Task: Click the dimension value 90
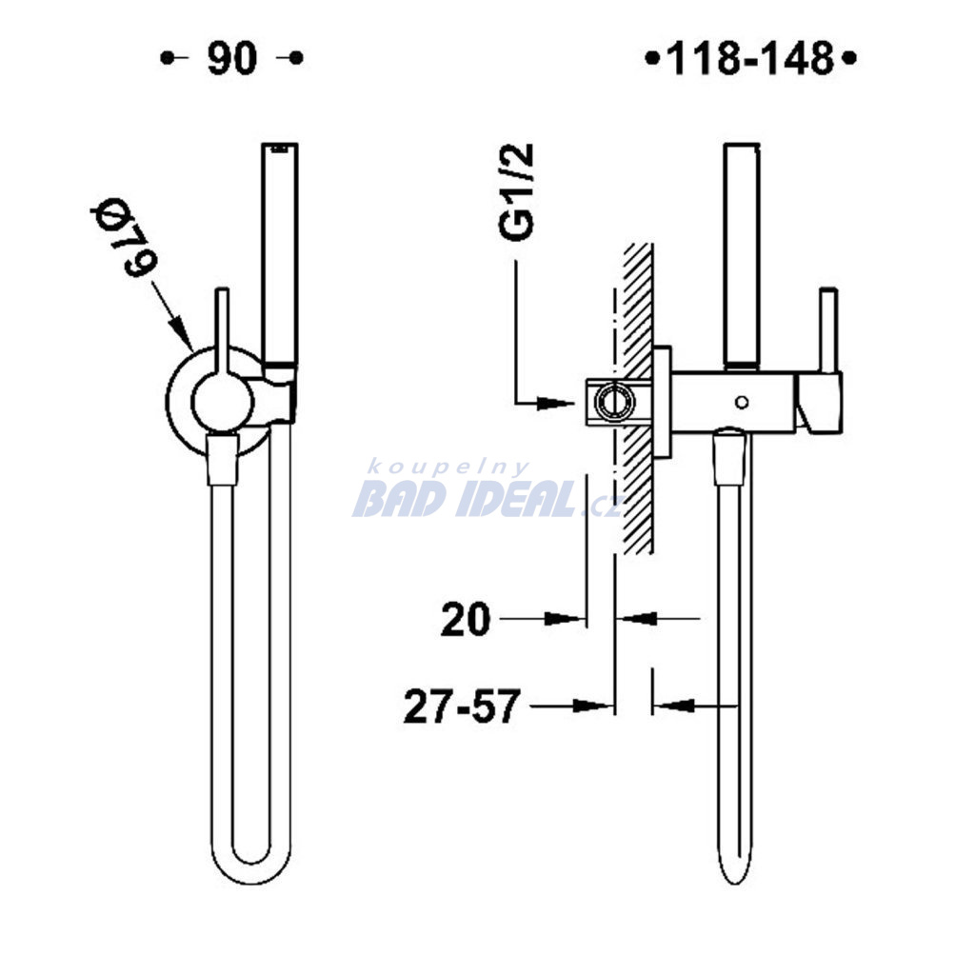click(x=231, y=58)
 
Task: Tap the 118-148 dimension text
click(x=750, y=58)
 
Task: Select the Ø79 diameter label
click(x=123, y=237)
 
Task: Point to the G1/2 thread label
click(x=516, y=190)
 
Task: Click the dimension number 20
click(x=465, y=619)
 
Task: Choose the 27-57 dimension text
click(x=462, y=706)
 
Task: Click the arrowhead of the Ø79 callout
click(x=183, y=332)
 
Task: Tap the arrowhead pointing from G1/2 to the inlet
click(x=555, y=403)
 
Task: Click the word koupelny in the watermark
click(x=448, y=467)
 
